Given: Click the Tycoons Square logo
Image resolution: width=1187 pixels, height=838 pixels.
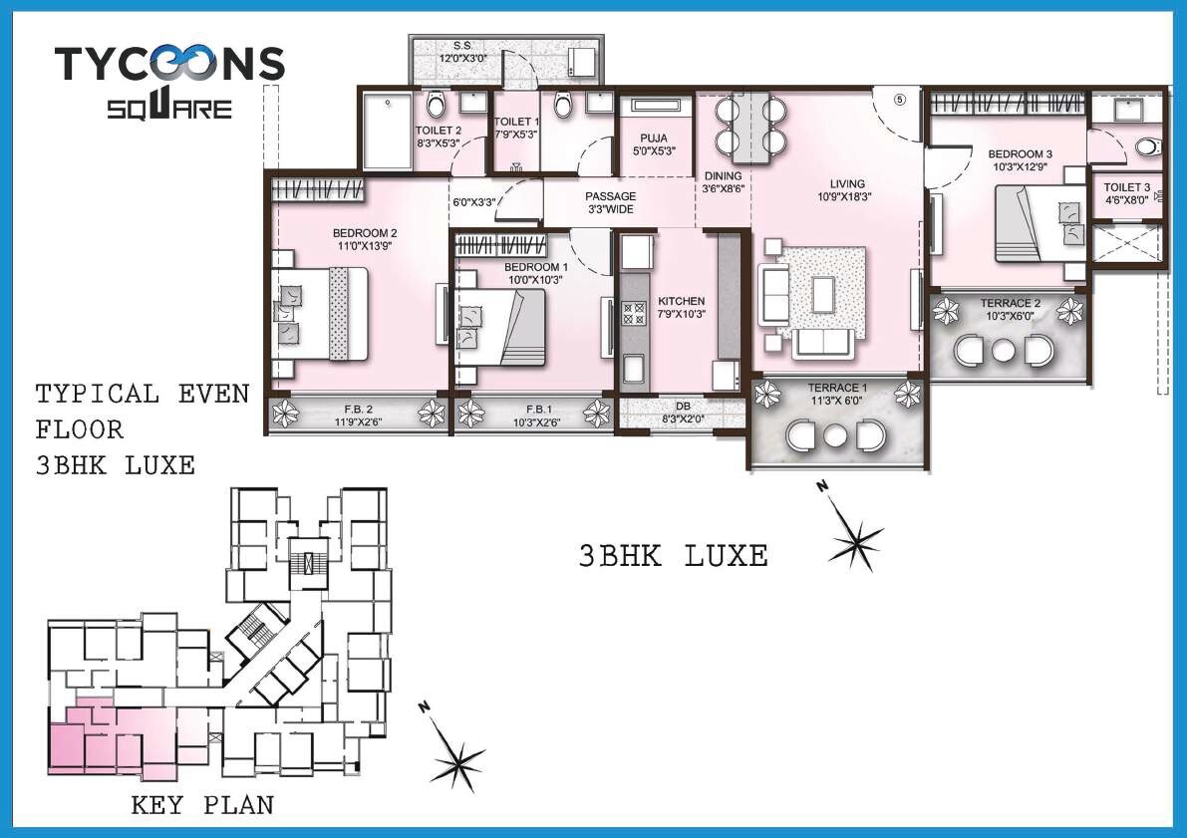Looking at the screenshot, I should coord(169,80).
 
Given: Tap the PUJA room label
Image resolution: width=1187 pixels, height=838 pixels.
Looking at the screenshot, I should coord(654,139).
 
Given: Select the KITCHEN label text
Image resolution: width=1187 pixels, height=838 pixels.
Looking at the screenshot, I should coord(682,301).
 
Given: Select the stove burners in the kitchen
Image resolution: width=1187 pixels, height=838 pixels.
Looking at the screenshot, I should coord(634,314).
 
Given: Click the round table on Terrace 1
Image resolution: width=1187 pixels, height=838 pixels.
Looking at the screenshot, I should coord(834,433).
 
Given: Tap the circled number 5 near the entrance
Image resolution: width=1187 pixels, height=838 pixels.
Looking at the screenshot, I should coord(898,100).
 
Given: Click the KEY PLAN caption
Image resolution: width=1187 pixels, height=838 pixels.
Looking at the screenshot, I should coord(202,805).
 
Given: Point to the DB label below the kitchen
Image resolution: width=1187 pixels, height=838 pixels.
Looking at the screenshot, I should coord(682,408).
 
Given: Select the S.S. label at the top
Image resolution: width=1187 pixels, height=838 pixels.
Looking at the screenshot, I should coord(462,46).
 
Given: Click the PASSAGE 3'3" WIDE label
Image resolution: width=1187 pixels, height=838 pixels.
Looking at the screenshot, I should coord(610,203).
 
